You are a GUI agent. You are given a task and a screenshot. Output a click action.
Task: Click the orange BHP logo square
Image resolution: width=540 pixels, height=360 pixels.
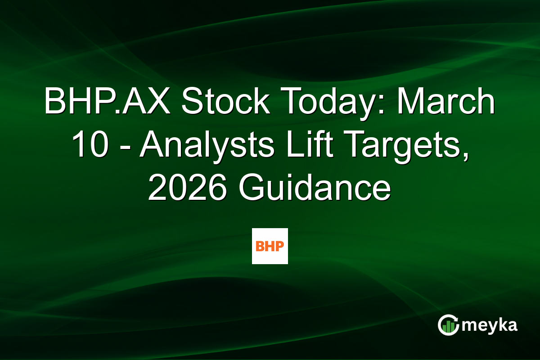[270, 246]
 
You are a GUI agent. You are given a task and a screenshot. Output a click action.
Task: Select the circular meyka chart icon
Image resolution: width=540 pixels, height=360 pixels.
[448, 325]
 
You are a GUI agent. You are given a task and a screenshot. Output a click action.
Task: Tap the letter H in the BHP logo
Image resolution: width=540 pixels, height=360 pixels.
[270, 246]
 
